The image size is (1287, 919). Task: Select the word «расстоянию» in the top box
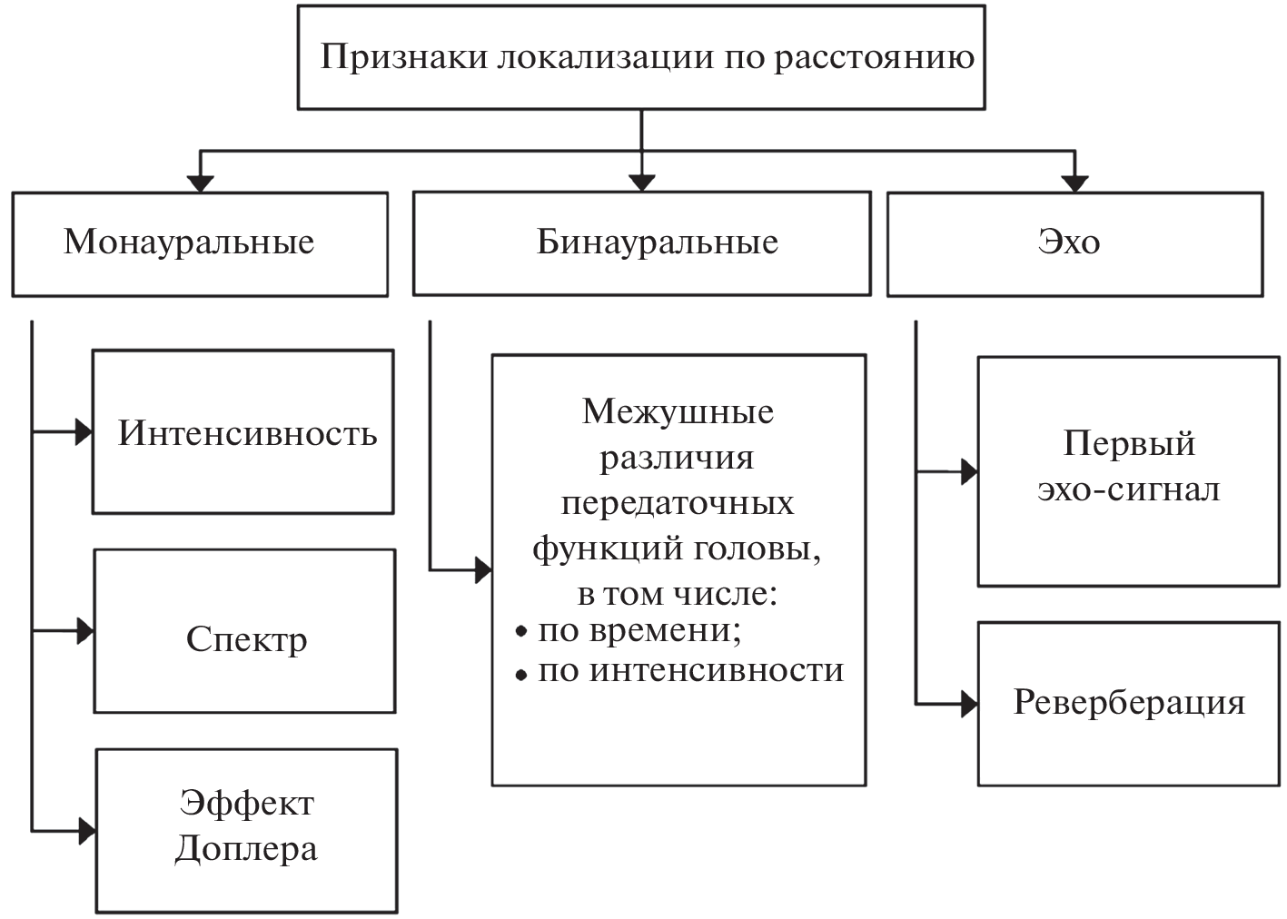[x=874, y=58]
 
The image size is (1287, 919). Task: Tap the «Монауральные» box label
[x=189, y=242]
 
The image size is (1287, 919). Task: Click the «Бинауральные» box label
[x=657, y=242]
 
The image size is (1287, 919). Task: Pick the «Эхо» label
[x=1068, y=242]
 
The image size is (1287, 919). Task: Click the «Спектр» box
[x=246, y=639]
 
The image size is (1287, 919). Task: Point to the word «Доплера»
[x=246, y=849]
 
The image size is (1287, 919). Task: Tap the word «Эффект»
[x=246, y=804]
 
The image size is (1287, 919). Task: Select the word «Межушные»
[x=678, y=412]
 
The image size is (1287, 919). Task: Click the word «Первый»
[x=1128, y=444]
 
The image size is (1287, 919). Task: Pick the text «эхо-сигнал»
[x=1128, y=489]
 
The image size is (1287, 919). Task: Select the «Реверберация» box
[x=1128, y=703]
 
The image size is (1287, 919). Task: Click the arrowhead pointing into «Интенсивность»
[x=84, y=432]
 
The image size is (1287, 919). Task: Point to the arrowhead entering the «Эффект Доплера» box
[x=87, y=830]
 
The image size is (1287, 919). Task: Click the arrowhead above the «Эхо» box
[x=1074, y=183]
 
